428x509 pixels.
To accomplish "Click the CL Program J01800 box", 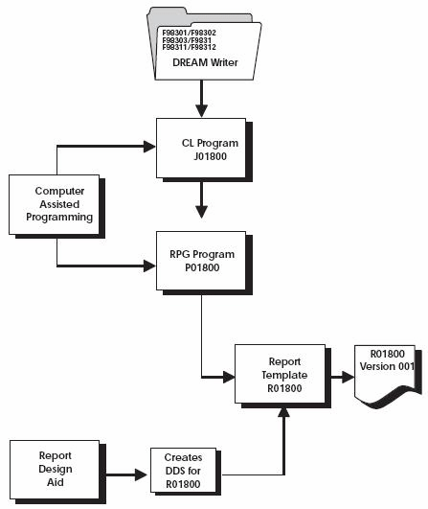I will (x=199, y=148).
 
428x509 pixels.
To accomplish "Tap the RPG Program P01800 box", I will (x=199, y=258).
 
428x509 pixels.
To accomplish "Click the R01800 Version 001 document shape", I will (x=389, y=374).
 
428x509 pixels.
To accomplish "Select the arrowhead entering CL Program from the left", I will (x=150, y=148).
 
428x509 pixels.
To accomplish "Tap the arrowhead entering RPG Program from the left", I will (x=150, y=266).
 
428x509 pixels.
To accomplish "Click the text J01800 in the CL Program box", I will (x=199, y=155).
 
